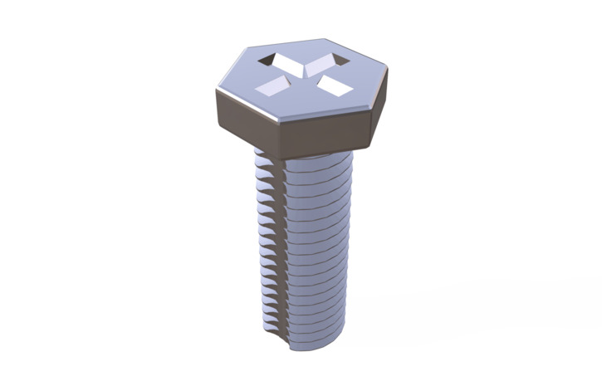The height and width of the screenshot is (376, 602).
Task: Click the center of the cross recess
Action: coord(301,72)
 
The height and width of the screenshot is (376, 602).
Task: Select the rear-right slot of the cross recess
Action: coord(324,59)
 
